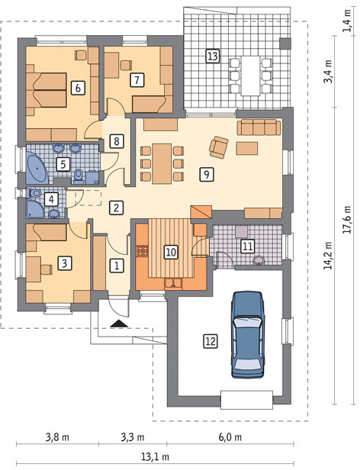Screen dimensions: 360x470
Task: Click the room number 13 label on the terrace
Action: coord(212,56)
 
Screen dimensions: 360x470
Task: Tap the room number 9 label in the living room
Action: coord(207,174)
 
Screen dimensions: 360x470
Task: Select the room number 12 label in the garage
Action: coord(211,341)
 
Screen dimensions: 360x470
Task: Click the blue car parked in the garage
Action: coord(248,335)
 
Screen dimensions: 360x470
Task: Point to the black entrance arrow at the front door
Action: coord(119,324)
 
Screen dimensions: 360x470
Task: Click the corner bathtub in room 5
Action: coord(37,167)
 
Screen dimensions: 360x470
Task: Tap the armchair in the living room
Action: coord(219,146)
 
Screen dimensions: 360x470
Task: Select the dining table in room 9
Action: coord(162,163)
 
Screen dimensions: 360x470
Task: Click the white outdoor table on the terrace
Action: coord(250,76)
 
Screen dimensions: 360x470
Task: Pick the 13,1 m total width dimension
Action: coord(155,457)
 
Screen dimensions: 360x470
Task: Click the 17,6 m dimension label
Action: coord(347,220)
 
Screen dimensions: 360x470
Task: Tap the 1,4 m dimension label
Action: coord(347,21)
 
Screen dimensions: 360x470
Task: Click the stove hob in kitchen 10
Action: coord(143,251)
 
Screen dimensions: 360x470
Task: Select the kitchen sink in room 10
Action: coord(173,283)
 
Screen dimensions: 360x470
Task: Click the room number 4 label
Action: coord(51,199)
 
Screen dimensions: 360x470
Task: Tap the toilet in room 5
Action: coord(79,176)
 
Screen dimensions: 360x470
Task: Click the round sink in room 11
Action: coord(259,260)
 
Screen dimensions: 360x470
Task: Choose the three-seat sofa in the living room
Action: coord(259,127)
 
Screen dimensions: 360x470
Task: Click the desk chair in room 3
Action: coord(47,269)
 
